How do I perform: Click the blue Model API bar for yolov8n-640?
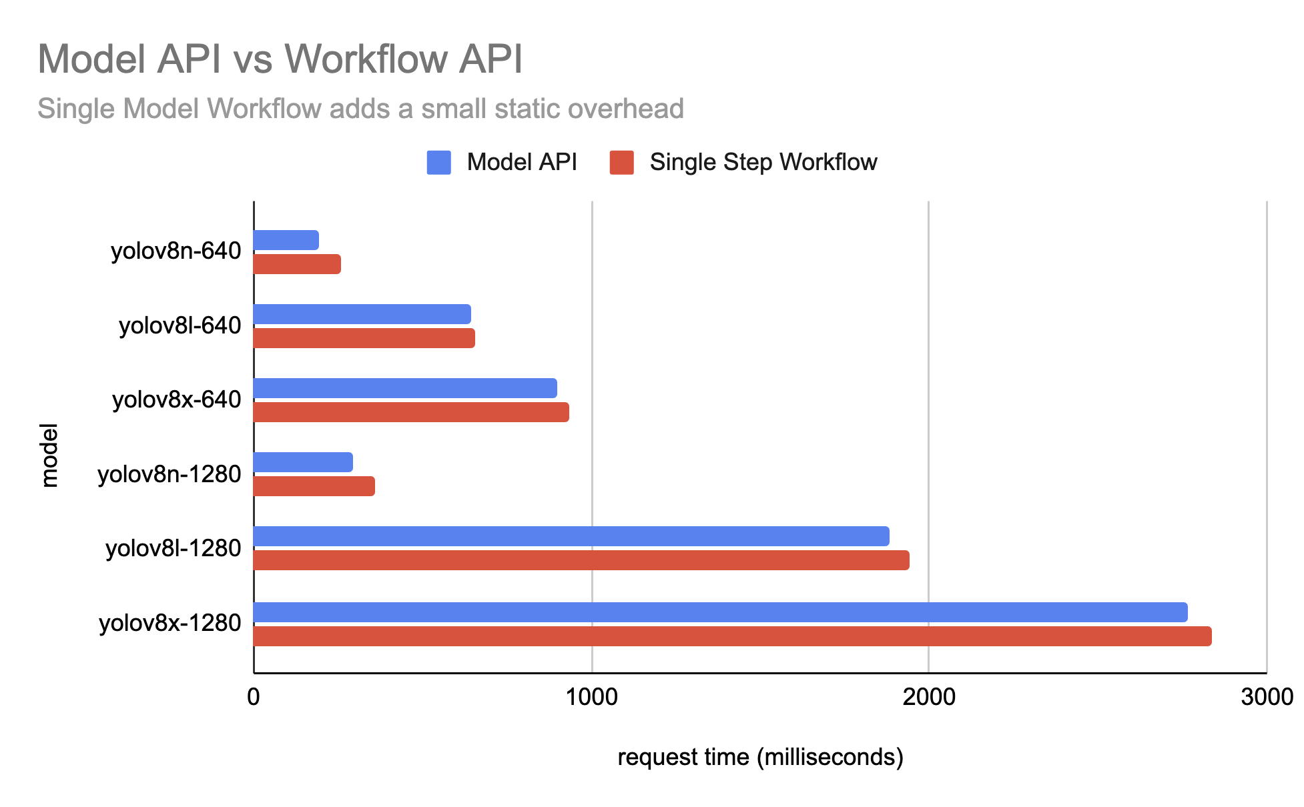pos(286,240)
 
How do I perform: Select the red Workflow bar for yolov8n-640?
pos(297,264)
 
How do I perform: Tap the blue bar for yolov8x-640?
pos(405,388)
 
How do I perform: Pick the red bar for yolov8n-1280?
pos(314,486)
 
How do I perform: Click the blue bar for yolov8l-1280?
pos(571,536)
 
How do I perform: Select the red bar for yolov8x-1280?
pos(732,636)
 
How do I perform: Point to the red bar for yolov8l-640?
pos(364,338)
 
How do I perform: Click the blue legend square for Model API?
pos(438,163)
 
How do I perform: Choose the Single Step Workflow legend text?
pos(763,163)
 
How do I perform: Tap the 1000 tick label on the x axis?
pos(592,697)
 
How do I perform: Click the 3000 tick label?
pos(1266,697)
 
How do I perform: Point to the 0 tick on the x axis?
pos(254,697)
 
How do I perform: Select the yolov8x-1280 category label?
pos(170,623)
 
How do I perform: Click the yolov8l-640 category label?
pos(180,326)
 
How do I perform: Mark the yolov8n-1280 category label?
pos(170,475)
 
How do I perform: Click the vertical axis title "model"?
pos(49,455)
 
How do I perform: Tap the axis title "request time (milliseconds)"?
pos(760,758)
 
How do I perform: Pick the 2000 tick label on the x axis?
pos(928,697)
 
